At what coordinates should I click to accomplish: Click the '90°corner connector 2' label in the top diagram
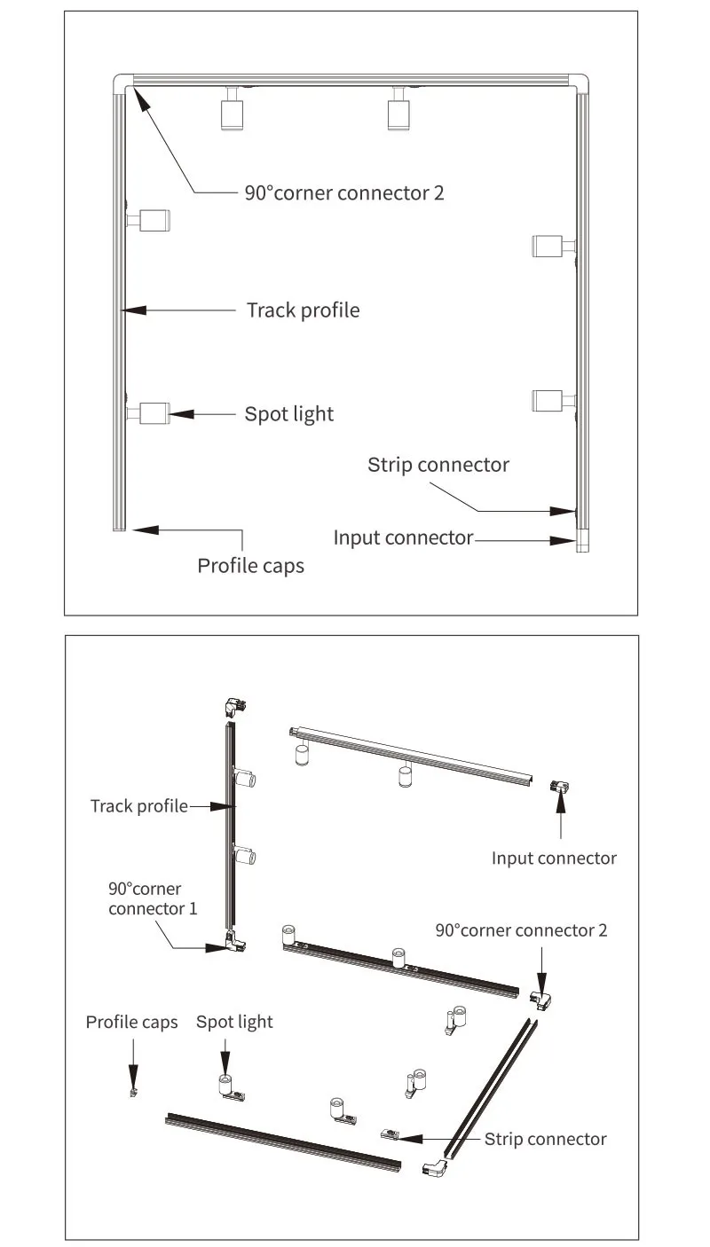pyautogui.click(x=344, y=193)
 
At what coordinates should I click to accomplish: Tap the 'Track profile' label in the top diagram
pyautogui.click(x=304, y=310)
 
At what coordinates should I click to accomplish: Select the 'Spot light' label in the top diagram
pyautogui.click(x=289, y=415)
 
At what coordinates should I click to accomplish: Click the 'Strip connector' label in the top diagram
pyautogui.click(x=438, y=466)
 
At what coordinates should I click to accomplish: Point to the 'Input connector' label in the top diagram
pyautogui.click(x=403, y=538)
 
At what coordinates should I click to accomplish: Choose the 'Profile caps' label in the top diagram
pyautogui.click(x=250, y=566)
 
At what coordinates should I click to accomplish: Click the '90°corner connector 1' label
pyautogui.click(x=153, y=899)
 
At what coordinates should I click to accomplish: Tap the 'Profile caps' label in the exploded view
pyautogui.click(x=131, y=1023)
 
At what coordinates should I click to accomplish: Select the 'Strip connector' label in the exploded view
pyautogui.click(x=545, y=1140)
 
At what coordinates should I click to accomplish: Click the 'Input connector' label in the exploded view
pyautogui.click(x=554, y=859)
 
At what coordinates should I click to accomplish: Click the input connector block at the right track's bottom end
pyautogui.click(x=582, y=540)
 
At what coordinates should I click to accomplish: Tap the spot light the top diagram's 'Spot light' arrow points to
pyautogui.click(x=149, y=413)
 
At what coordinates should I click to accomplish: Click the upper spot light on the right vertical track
pyautogui.click(x=554, y=246)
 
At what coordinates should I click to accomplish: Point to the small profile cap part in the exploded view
pyautogui.click(x=134, y=1092)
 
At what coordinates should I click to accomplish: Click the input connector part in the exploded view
pyautogui.click(x=559, y=788)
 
